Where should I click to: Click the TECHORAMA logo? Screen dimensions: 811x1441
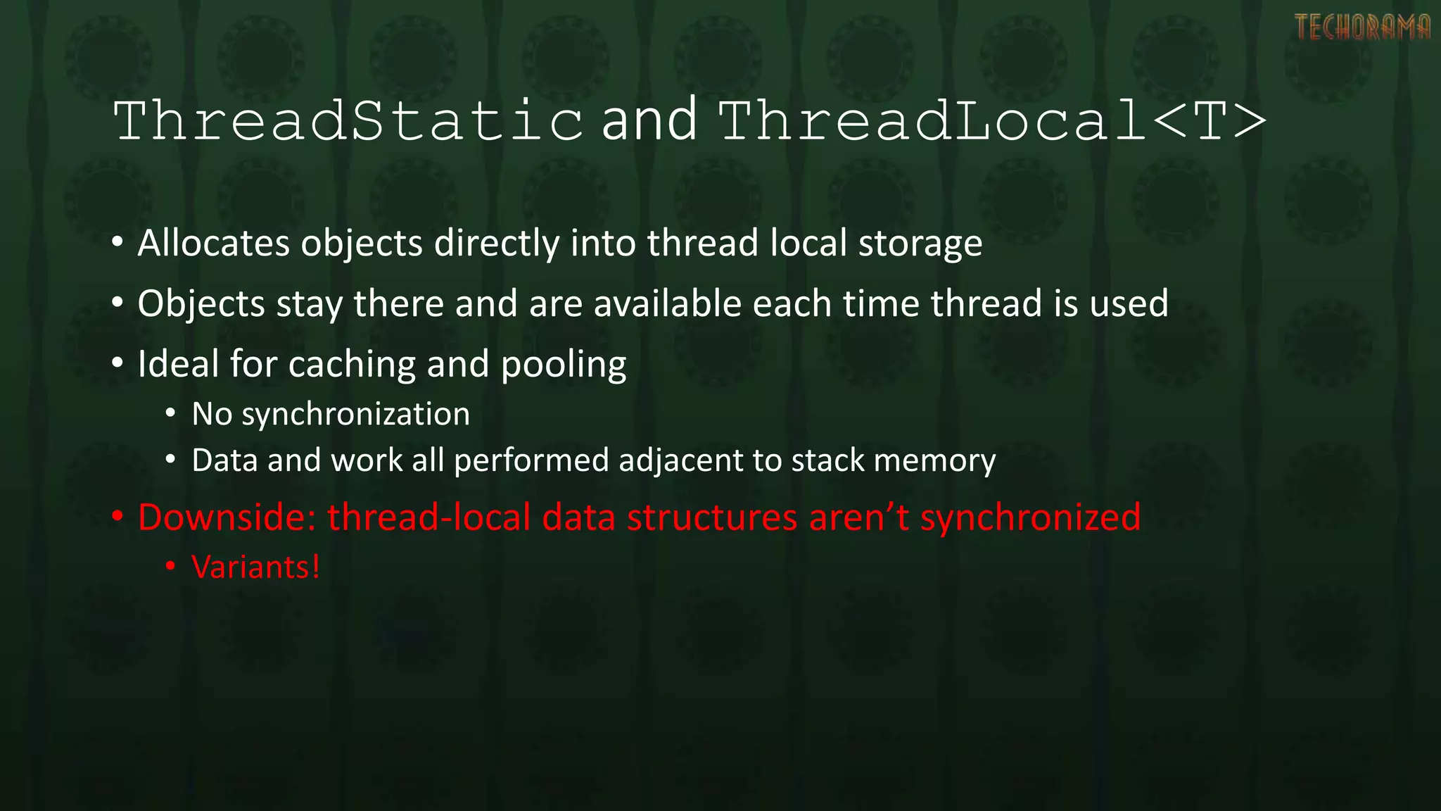pyautogui.click(x=1362, y=27)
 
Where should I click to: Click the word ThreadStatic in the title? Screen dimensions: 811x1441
pyautogui.click(x=348, y=121)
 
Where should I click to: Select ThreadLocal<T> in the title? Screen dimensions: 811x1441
pyautogui.click(x=992, y=121)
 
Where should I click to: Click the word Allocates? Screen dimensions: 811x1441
pyautogui.click(x=213, y=244)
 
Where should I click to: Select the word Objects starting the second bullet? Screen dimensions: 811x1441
pyautogui.click(x=201, y=304)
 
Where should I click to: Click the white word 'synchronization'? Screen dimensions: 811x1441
pyautogui.click(x=355, y=415)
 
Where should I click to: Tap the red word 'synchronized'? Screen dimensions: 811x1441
pyautogui.click(x=1030, y=519)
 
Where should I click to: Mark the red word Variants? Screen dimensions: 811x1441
pyautogui.click(x=255, y=567)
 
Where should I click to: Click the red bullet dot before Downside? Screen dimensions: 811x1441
pyautogui.click(x=118, y=517)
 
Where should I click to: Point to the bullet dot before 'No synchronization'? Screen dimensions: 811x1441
pyautogui.click(x=170, y=414)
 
